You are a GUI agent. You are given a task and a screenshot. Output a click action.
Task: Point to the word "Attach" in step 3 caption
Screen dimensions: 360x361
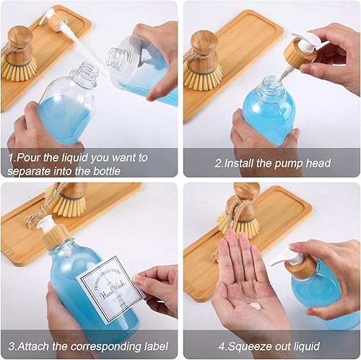click(36, 344)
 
